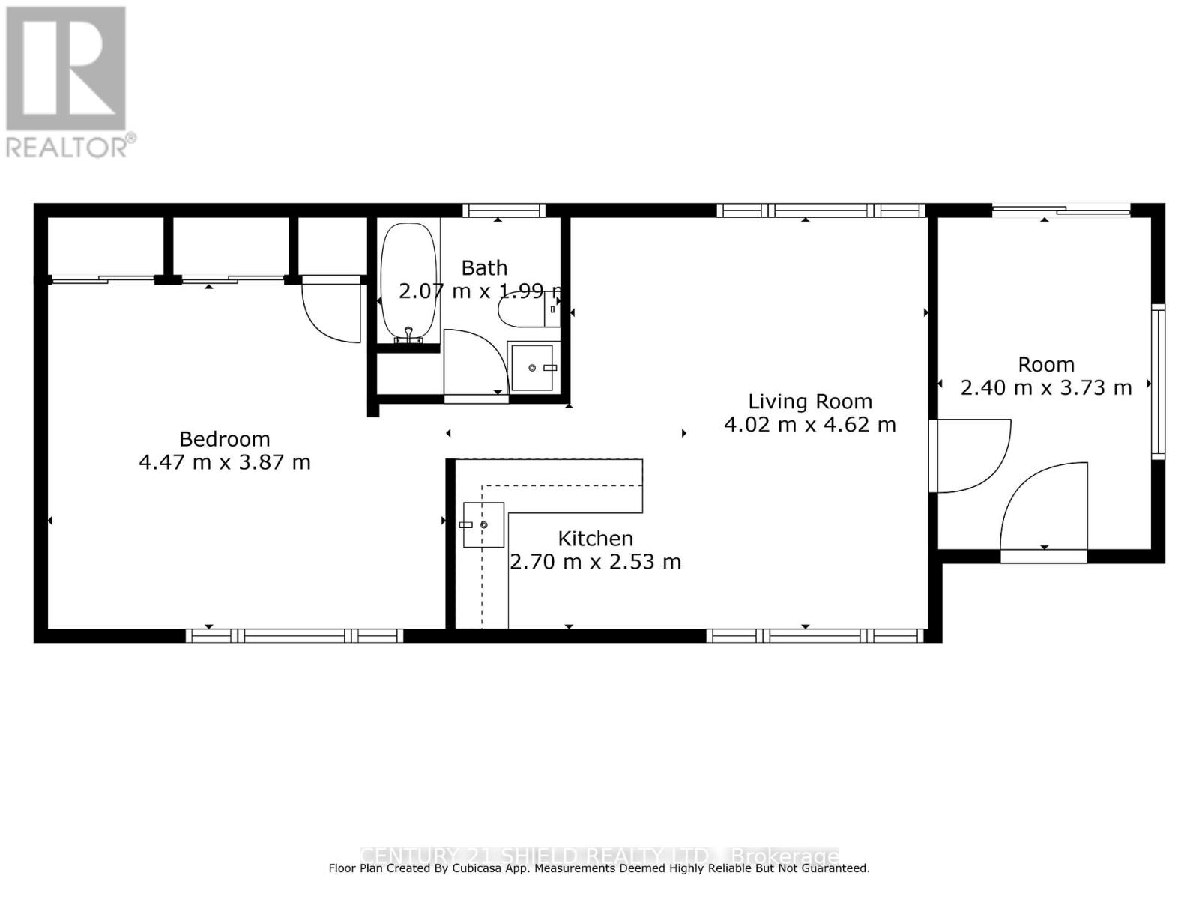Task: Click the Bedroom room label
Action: pyautogui.click(x=224, y=439)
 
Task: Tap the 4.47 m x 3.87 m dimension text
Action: pyautogui.click(x=224, y=462)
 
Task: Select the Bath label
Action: pyautogui.click(x=484, y=268)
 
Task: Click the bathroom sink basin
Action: pyautogui.click(x=532, y=368)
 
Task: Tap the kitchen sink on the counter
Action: pyautogui.click(x=483, y=524)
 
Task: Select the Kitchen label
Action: pyautogui.click(x=595, y=539)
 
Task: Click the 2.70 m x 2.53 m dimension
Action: pyautogui.click(x=595, y=562)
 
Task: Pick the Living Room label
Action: pyautogui.click(x=810, y=402)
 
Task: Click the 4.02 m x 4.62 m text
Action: pyautogui.click(x=810, y=425)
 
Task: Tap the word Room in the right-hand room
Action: pyautogui.click(x=1045, y=365)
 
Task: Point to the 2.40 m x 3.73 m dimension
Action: pyautogui.click(x=1045, y=388)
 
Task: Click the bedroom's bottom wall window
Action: pyautogui.click(x=295, y=636)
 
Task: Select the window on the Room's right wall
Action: pyautogui.click(x=1158, y=382)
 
